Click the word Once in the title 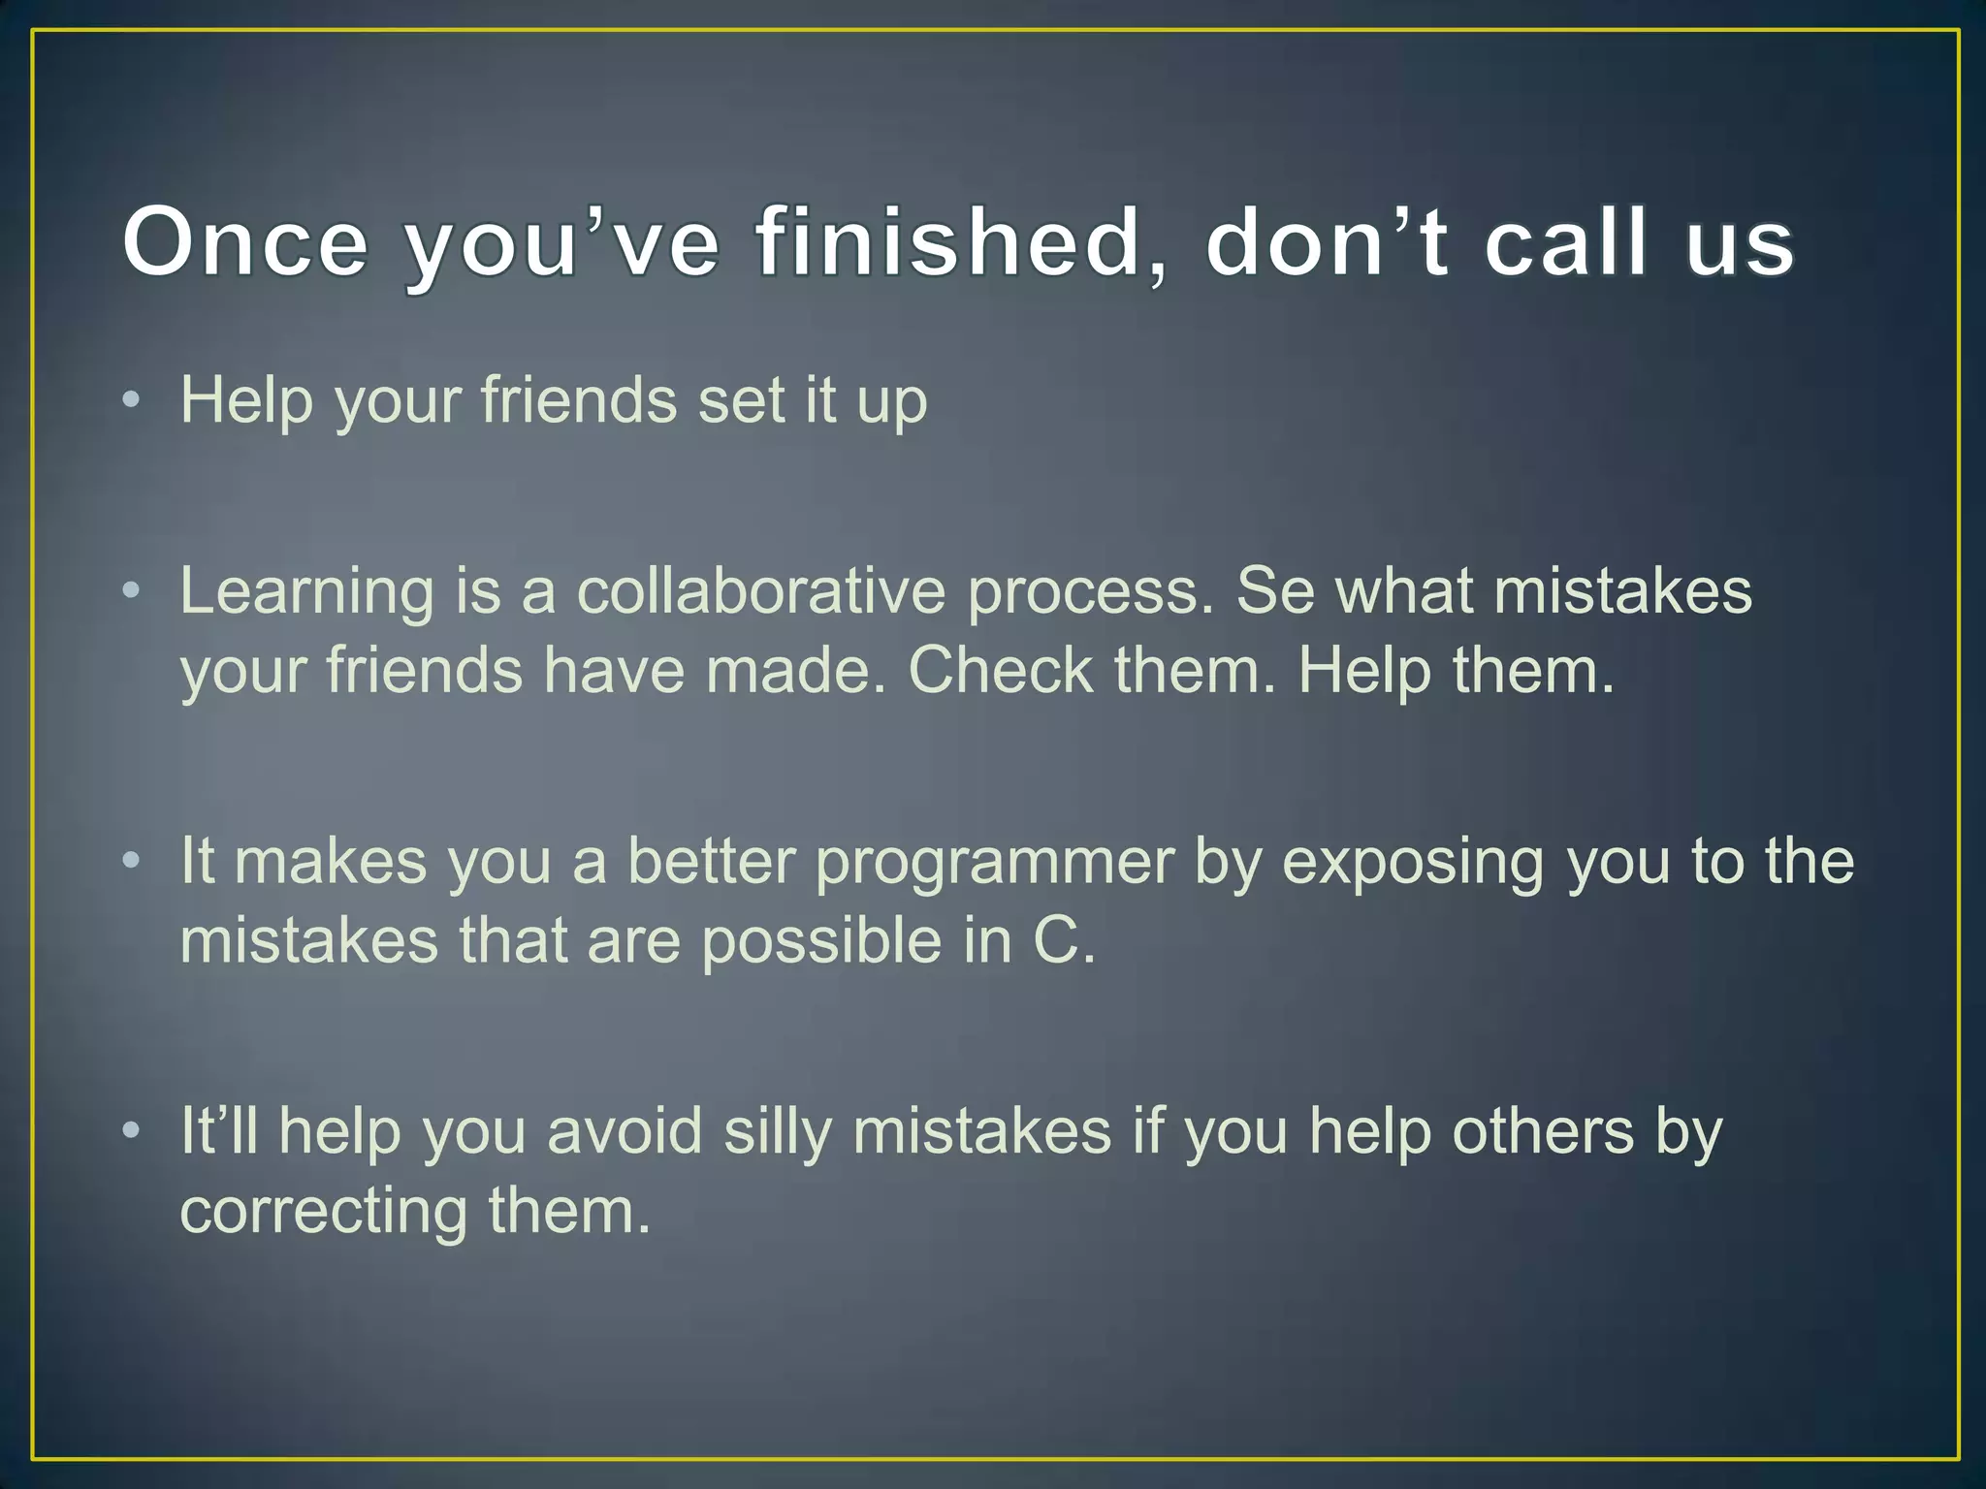click(x=245, y=242)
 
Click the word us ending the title click(x=1740, y=242)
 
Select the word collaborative click(x=760, y=591)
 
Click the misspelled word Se click(x=1274, y=591)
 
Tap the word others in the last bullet click(x=1543, y=1131)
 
